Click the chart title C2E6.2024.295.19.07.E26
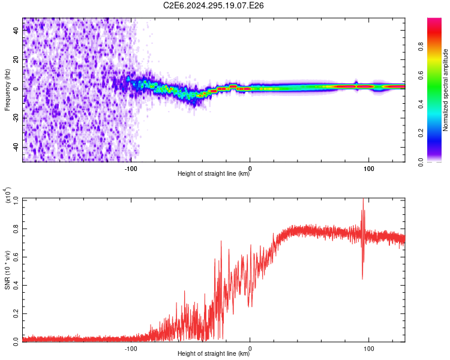213,5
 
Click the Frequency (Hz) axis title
7,89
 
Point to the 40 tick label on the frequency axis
16,31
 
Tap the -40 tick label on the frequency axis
16,147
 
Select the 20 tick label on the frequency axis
16,60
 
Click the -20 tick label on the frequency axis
16,118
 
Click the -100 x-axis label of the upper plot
131,169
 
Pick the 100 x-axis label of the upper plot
369,169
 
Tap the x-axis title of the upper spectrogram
214,173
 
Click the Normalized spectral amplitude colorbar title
445,90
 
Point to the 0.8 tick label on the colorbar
421,46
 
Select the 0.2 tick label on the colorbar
421,133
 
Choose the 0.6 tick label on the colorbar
421,75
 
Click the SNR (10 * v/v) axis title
7,270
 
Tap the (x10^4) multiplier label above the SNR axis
7,195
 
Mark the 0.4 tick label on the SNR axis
16,286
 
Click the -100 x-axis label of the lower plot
131,349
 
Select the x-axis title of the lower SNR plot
214,353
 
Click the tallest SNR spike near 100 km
363,199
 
